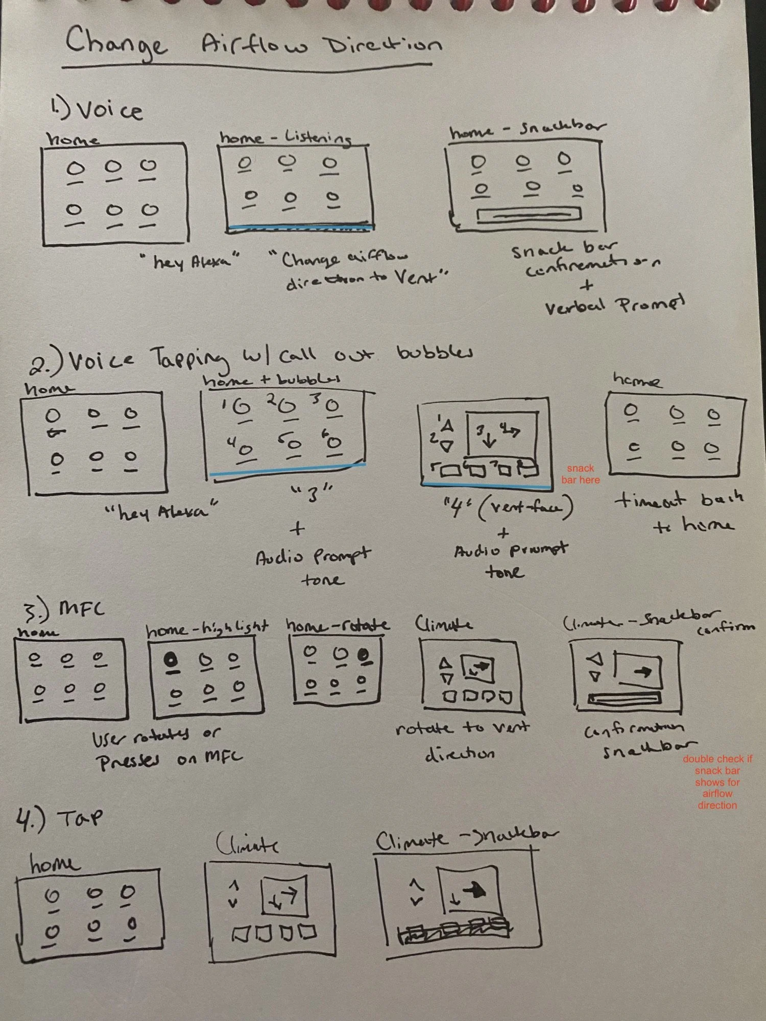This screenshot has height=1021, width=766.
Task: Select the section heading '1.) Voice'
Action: (x=97, y=109)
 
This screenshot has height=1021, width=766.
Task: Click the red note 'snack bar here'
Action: (x=581, y=474)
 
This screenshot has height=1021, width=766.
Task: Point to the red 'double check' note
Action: (x=717, y=782)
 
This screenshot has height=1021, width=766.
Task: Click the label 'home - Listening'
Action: (x=286, y=137)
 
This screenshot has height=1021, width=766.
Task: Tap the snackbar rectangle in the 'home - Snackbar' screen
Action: (x=528, y=214)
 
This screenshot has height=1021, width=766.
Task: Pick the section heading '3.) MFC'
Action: (x=64, y=610)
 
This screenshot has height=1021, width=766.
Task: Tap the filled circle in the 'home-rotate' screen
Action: (x=364, y=654)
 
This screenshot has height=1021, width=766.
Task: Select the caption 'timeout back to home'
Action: (x=679, y=510)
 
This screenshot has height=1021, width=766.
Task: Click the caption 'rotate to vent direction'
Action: (x=462, y=740)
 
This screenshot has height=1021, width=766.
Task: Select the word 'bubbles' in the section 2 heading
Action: (x=434, y=352)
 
